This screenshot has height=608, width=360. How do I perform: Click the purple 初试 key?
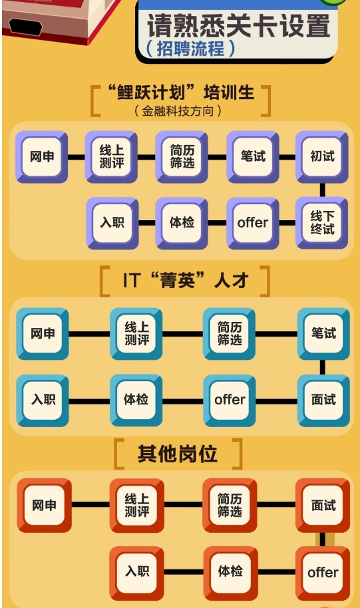pos(322,157)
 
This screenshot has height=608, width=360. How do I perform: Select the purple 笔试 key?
pos(252,157)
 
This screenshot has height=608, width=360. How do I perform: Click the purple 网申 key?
pos(43,157)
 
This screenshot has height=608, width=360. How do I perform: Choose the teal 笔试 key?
pos(323,333)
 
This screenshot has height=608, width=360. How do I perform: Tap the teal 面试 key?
pos(323,400)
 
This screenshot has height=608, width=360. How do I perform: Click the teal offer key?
pos(230,400)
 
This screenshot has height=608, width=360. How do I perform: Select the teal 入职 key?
pos(43,400)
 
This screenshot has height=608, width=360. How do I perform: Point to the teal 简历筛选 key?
pos(230,333)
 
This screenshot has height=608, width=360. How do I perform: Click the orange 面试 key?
pos(323,505)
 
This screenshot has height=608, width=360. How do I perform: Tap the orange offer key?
pos(323,572)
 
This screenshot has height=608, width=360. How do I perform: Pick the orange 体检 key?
pos(230,571)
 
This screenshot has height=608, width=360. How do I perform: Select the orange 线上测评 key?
pos(136,505)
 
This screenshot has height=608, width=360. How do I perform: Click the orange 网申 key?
pos(43,505)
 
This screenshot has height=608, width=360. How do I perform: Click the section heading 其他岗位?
pos(178,454)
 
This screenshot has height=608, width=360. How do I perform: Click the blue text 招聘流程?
pos(190,49)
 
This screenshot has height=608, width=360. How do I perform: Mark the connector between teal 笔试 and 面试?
pos(323,367)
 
